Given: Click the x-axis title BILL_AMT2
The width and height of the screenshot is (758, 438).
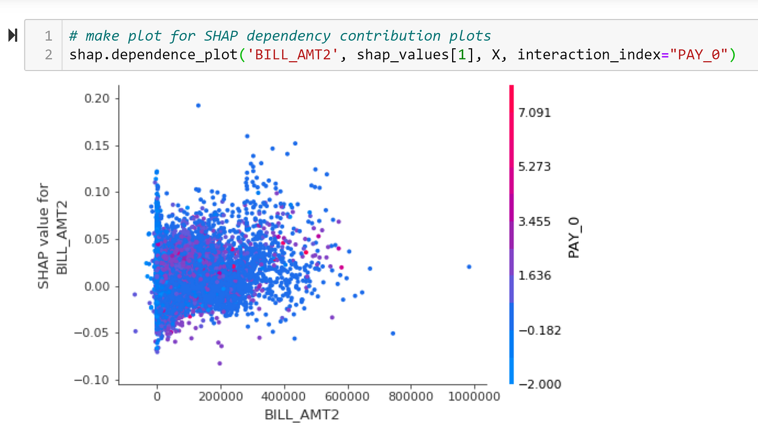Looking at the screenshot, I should [x=302, y=415].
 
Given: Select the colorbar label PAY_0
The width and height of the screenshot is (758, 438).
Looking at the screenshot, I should [x=574, y=237].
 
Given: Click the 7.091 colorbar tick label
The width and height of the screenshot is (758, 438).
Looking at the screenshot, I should [x=534, y=113].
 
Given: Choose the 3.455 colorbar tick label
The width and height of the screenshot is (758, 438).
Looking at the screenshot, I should [x=534, y=221].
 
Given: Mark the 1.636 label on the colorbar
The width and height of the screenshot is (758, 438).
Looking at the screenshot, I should [x=534, y=275].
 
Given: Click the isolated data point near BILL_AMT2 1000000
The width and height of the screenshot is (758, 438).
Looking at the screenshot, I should [x=469, y=266].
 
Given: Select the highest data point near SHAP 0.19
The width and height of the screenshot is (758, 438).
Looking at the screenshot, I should [x=198, y=105].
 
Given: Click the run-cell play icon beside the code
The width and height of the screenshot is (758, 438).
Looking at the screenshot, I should [x=12, y=36].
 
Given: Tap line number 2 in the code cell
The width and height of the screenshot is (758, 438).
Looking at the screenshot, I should [x=49, y=54].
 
